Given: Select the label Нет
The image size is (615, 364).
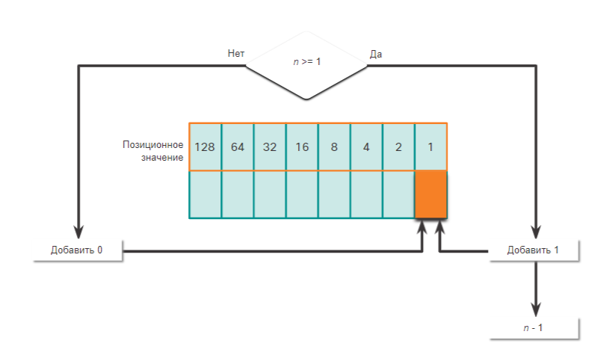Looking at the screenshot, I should click(236, 54).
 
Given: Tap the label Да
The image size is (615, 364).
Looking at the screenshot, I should click(377, 54).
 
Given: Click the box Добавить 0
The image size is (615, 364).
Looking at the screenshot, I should click(77, 250).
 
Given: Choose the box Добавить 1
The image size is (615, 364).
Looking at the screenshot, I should click(534, 250).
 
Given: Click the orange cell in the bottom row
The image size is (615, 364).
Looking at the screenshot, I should click(430, 194).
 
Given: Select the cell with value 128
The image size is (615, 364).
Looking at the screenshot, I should click(205, 146).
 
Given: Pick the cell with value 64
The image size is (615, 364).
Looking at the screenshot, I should click(238, 146).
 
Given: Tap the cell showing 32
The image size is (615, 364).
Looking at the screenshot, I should click(270, 146).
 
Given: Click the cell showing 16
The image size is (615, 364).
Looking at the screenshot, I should click(302, 146).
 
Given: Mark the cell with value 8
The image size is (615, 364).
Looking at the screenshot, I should click(334, 146).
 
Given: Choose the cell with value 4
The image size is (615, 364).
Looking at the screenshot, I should click(366, 146).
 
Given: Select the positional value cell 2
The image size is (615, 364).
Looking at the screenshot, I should click(398, 146).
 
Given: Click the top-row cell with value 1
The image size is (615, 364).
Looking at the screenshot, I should click(430, 146).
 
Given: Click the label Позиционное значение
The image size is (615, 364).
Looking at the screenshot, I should click(154, 150).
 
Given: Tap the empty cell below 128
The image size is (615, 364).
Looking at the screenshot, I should click(205, 194).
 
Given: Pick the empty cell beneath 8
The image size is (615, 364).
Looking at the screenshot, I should click(334, 194).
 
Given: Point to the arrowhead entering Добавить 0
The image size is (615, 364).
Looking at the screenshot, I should click(78, 231).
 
